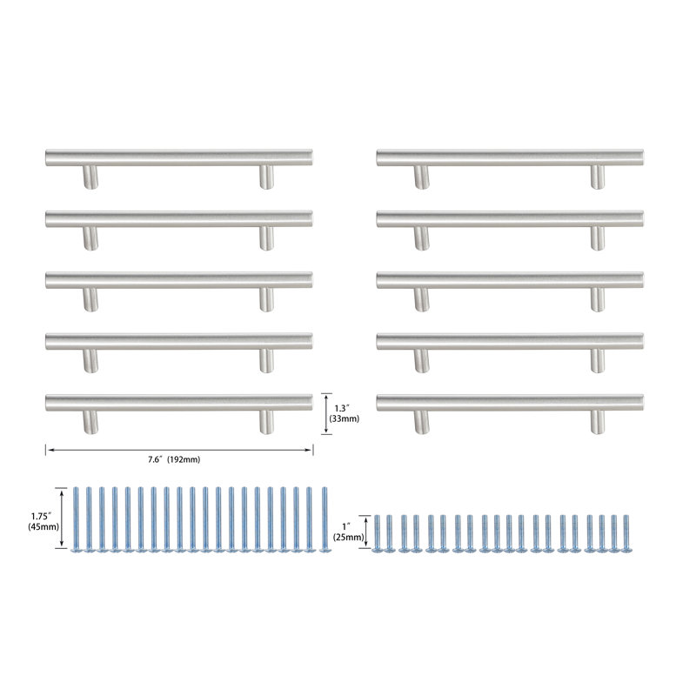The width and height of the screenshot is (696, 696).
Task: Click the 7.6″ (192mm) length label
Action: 174,460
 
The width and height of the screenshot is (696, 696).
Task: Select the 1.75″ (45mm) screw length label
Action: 43,521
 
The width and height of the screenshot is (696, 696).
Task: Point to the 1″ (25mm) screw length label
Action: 349,532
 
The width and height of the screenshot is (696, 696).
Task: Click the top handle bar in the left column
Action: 179,157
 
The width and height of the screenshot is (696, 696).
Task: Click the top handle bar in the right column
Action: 510,157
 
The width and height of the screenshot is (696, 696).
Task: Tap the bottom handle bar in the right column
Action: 510,403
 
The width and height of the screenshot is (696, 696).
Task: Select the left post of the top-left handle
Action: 90,177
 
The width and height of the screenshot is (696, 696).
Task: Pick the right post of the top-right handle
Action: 598,177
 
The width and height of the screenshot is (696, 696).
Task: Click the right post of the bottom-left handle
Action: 266,422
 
